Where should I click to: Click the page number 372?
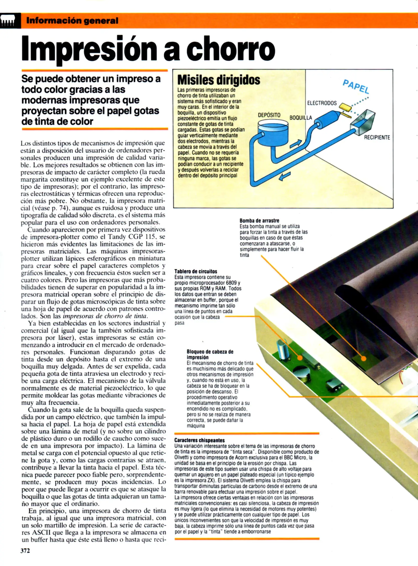pyautogui.click(x=25, y=551)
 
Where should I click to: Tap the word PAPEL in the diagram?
pyautogui.click(x=356, y=87)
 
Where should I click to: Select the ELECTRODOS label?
pyautogui.click(x=322, y=103)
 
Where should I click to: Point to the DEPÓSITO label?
pyautogui.click(x=269, y=115)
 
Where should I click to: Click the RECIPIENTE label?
pyautogui.click(x=377, y=137)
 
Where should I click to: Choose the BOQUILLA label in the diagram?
pyautogui.click(x=301, y=118)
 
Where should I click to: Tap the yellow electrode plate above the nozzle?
pyautogui.click(x=345, y=106)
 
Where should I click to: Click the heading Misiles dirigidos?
pyautogui.click(x=219, y=80)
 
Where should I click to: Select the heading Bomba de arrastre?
pyautogui.click(x=259, y=221)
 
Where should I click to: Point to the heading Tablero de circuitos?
pyautogui.click(x=196, y=271)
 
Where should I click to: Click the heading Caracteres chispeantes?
pyautogui.click(x=199, y=440)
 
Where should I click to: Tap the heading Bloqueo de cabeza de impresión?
pyautogui.click(x=210, y=354)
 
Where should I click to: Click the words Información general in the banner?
pyautogui.click(x=72, y=21)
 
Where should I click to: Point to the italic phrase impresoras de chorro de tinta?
pyautogui.click(x=105, y=316)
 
